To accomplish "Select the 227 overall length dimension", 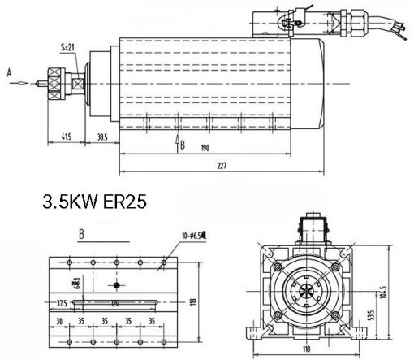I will pos(220,165).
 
